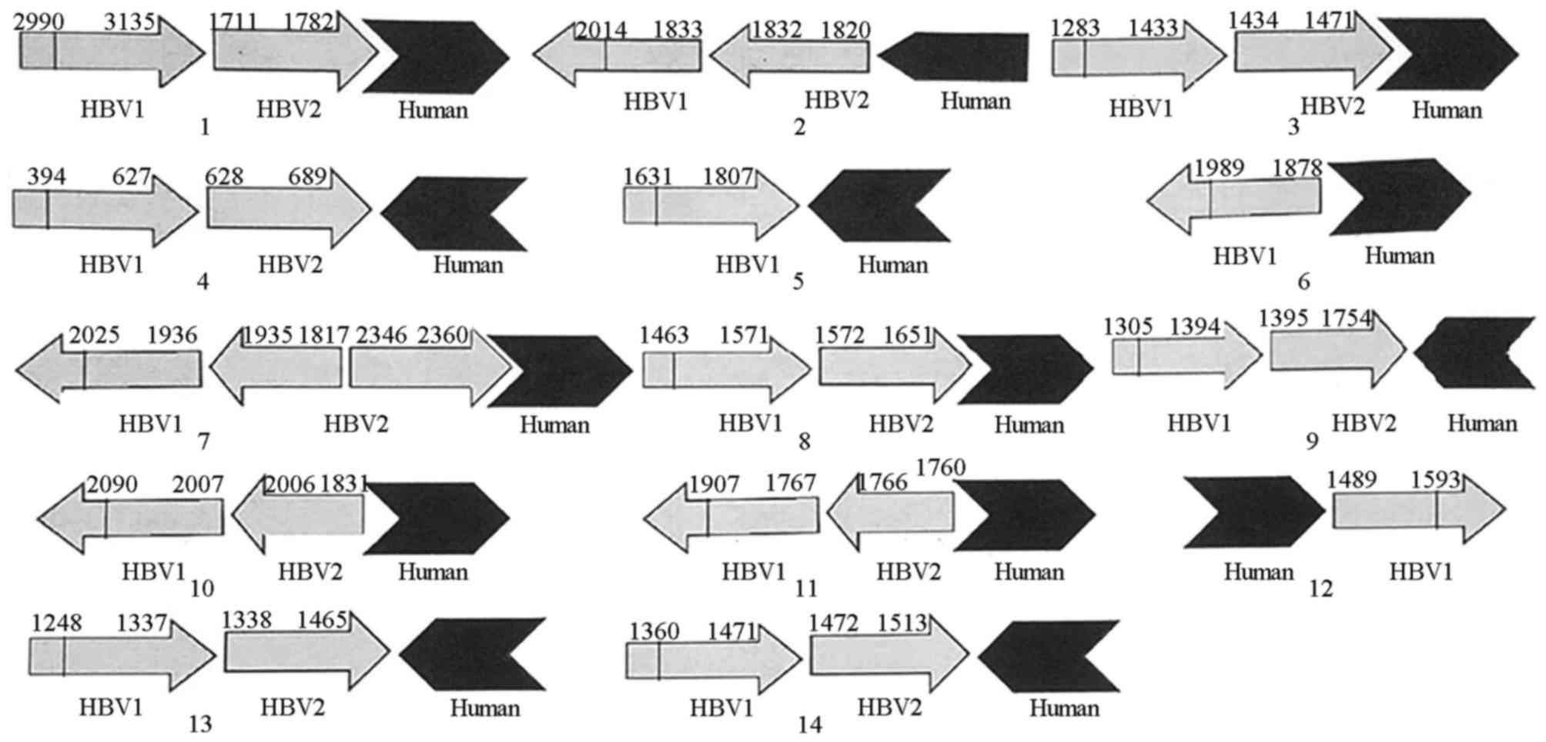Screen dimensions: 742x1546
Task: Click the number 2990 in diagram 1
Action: (x=38, y=22)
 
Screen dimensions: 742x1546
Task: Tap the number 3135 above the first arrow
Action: (x=129, y=22)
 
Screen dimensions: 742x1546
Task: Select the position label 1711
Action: (x=233, y=22)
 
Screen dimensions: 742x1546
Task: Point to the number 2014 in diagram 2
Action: (x=601, y=30)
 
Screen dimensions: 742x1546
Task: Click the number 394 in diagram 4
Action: (x=46, y=177)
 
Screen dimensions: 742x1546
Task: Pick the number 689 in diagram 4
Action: (x=308, y=177)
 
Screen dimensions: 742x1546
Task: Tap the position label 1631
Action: (x=648, y=177)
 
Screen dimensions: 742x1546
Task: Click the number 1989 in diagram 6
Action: (x=1219, y=168)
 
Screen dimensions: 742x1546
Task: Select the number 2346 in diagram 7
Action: (x=381, y=335)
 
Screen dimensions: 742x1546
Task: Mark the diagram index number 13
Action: (x=200, y=724)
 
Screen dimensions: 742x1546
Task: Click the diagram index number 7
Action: (x=203, y=442)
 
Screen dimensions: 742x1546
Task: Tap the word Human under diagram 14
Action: (x=1064, y=708)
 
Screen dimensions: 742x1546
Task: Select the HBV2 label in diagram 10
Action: (x=310, y=572)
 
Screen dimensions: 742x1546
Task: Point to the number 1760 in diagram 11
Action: (x=940, y=467)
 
